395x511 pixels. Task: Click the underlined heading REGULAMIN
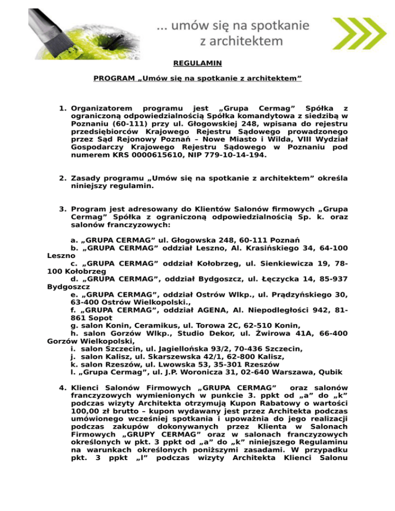click(x=197, y=64)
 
